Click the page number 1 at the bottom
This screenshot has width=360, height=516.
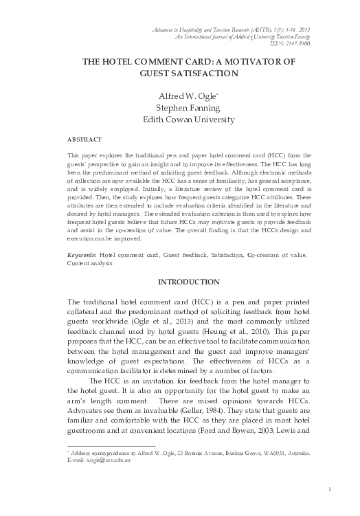pos(330,489)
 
